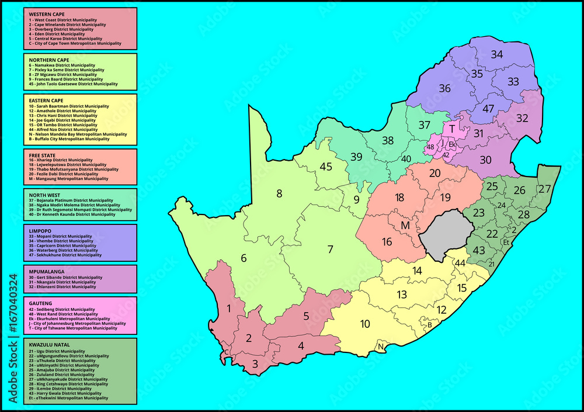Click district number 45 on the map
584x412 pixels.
(326, 167)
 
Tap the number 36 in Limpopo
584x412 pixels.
(445, 88)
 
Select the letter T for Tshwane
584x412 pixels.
(451, 129)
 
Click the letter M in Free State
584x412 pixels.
(405, 226)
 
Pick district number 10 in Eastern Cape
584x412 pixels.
(365, 324)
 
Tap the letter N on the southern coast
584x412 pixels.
(381, 347)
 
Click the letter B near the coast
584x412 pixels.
(429, 325)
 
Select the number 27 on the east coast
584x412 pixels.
(544, 189)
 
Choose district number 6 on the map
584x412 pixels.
(244, 258)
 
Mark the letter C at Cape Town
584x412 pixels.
(226, 352)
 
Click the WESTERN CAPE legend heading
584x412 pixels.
(47, 13)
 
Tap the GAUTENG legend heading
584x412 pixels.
(40, 303)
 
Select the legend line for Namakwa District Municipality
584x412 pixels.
(62, 65)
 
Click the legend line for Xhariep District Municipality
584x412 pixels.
(61, 160)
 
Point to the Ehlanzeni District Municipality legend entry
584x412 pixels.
(62, 287)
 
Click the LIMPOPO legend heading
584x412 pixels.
(40, 231)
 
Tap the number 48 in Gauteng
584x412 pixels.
(431, 147)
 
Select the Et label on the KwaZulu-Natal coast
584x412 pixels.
(506, 242)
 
